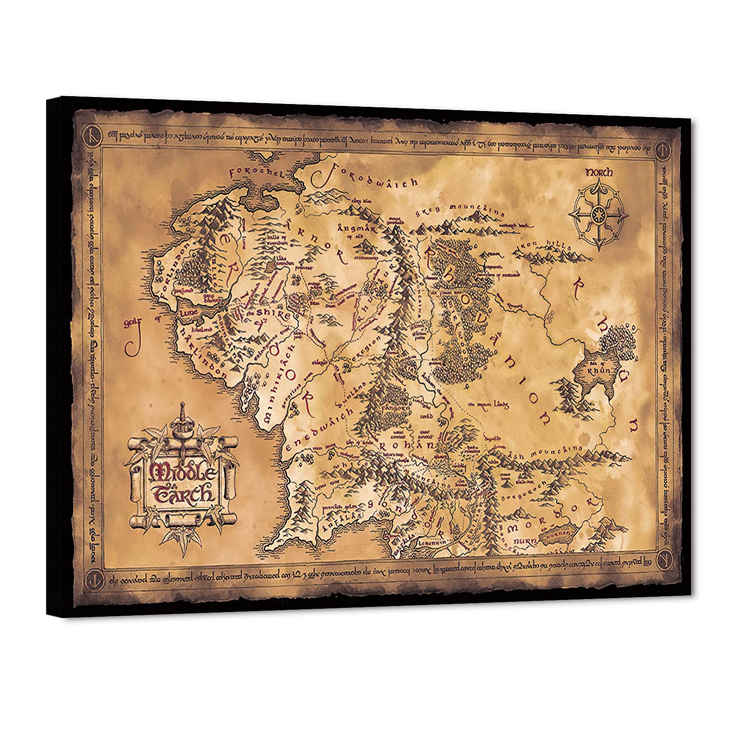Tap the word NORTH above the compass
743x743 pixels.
(x=599, y=172)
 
